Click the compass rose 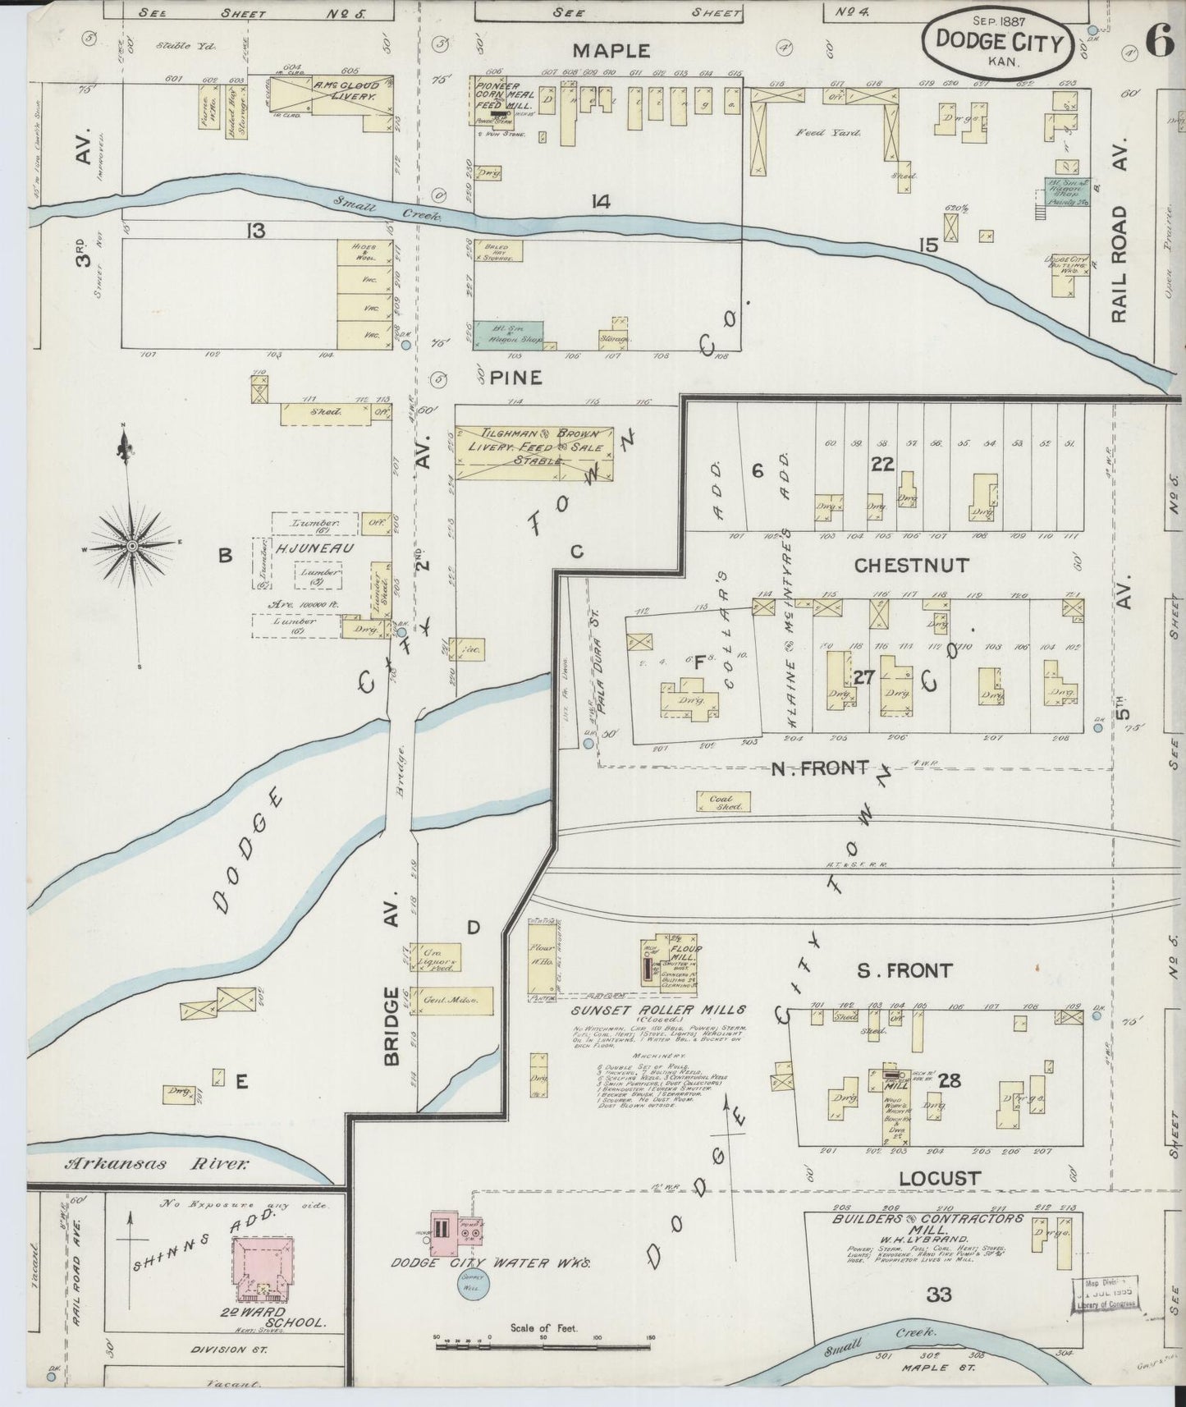pyautogui.click(x=131, y=545)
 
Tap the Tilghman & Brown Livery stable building pyautogui.click(x=534, y=448)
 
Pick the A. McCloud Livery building pyautogui.click(x=333, y=95)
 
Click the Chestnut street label pyautogui.click(x=911, y=566)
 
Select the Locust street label pyautogui.click(x=939, y=1179)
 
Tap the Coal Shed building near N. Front pyautogui.click(x=721, y=801)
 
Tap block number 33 pyautogui.click(x=938, y=1295)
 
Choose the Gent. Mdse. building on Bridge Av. pyautogui.click(x=451, y=1001)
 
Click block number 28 pyautogui.click(x=949, y=1081)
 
